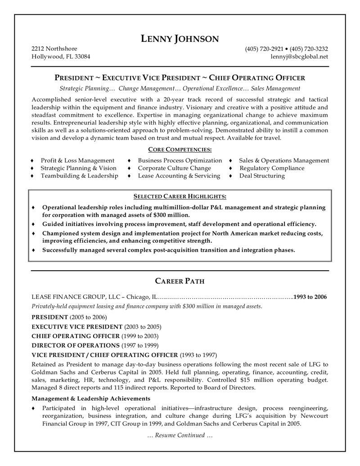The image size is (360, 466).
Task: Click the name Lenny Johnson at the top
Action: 180,39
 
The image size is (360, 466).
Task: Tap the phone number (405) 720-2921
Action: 264,49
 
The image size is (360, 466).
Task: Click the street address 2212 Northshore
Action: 54,49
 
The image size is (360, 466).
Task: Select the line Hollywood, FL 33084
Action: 60,57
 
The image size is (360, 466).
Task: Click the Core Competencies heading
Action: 180,149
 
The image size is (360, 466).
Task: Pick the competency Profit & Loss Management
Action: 77,160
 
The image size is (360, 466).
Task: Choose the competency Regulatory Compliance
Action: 271,168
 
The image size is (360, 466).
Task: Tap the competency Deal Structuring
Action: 261,176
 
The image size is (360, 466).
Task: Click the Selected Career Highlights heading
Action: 180,196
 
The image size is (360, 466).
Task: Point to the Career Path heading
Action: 180,281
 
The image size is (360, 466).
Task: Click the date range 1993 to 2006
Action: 310,297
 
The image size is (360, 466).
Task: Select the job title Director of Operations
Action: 76,345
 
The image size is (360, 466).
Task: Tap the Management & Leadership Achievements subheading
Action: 91,398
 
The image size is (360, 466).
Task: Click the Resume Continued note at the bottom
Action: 180,435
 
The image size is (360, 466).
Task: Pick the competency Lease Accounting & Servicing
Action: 179,176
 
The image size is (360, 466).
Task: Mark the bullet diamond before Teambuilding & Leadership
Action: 32,176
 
